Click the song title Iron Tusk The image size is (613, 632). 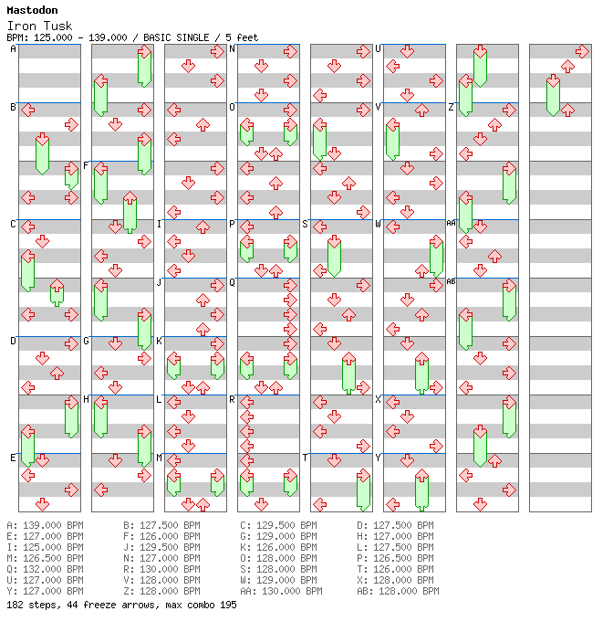tap(39, 26)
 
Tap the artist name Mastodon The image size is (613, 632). tap(32, 10)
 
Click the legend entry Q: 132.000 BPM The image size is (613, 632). tap(45, 569)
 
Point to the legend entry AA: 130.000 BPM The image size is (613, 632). tap(281, 591)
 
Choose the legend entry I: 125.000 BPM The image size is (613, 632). tap(45, 547)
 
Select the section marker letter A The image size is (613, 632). tap(13, 48)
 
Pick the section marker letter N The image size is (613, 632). tap(232, 48)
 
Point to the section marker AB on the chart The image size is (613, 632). tap(451, 281)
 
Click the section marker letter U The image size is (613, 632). tap(378, 48)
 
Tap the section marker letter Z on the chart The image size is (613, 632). tap(451, 107)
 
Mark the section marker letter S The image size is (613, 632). tap(305, 224)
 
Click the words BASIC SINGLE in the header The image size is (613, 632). tap(176, 37)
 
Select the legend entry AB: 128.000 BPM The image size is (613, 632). tap(398, 591)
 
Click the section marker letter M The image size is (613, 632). tap(159, 458)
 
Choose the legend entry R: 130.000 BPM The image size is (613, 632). tap(161, 569)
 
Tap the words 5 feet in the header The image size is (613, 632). tap(242, 37)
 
